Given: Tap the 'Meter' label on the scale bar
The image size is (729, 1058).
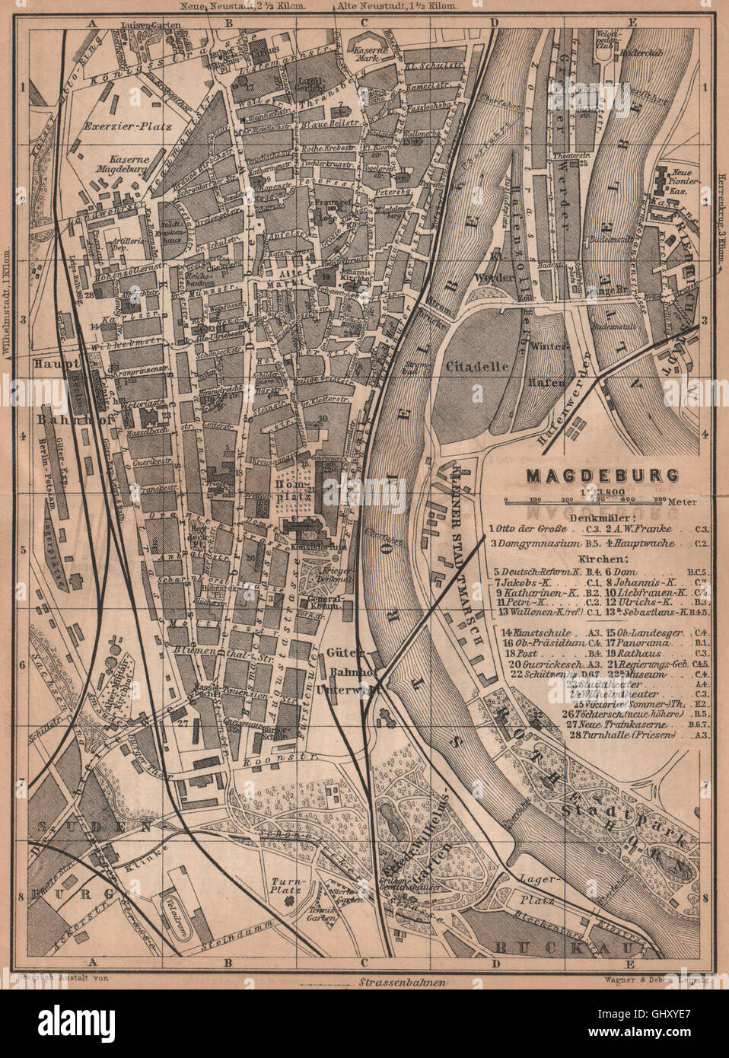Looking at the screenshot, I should [x=678, y=502].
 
